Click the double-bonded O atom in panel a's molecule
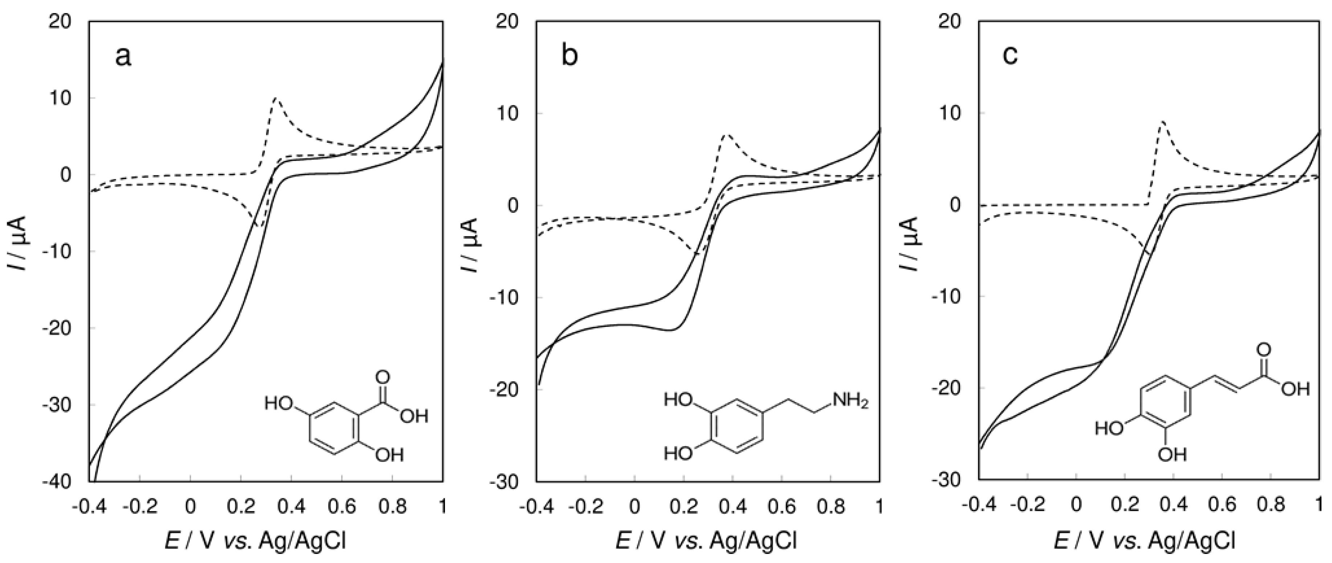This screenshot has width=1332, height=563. (383, 376)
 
